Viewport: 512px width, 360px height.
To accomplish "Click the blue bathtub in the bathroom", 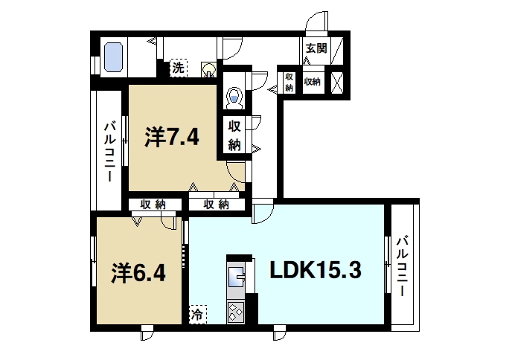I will pyautogui.click(x=113, y=57).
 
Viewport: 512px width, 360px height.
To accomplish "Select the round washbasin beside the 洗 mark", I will pyautogui.click(x=210, y=70).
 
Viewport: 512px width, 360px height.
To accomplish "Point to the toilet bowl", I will pyautogui.click(x=234, y=97).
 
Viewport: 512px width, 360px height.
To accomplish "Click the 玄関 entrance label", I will pyautogui.click(x=313, y=48).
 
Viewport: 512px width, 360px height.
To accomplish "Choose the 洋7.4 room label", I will pyautogui.click(x=172, y=138).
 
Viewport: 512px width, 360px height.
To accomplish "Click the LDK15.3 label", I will pyautogui.click(x=315, y=270).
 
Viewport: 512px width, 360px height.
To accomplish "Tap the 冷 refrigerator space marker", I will pyautogui.click(x=198, y=315).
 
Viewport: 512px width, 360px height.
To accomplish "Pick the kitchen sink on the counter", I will pyautogui.click(x=239, y=276).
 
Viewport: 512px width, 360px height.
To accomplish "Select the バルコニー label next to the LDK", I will pyautogui.click(x=402, y=266).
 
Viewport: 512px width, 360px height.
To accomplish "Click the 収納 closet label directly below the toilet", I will pyautogui.click(x=234, y=135).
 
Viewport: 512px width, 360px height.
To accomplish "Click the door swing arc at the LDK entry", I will pyautogui.click(x=262, y=214).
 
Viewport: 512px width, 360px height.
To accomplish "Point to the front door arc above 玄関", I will pyautogui.click(x=318, y=22).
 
